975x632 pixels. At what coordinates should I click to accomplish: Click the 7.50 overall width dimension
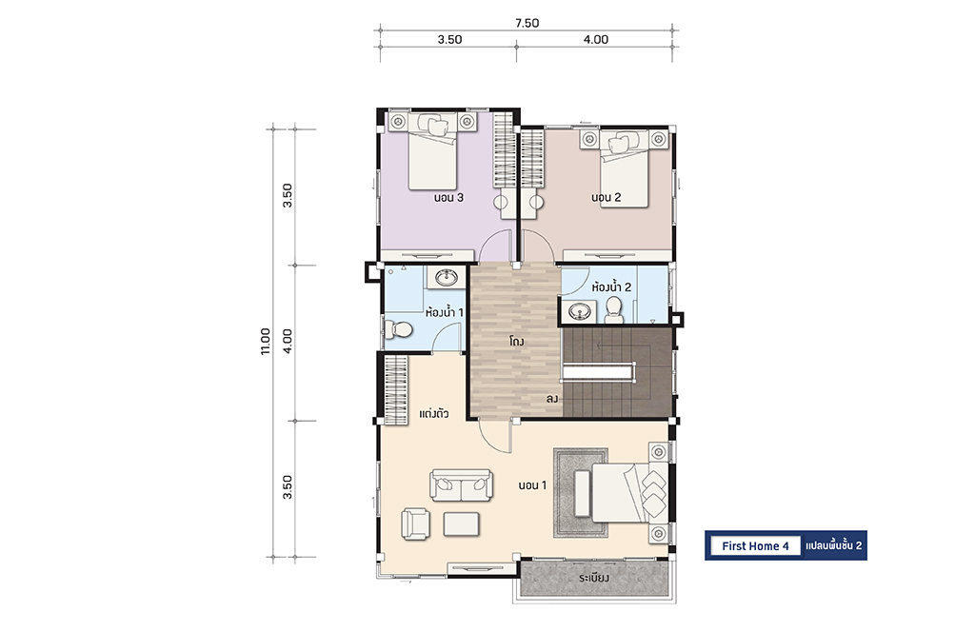pos(527,23)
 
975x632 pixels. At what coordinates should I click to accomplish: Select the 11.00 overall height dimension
pos(266,341)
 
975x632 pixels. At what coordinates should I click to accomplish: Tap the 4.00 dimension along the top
pos(596,39)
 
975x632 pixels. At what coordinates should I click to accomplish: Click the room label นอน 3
pos(449,198)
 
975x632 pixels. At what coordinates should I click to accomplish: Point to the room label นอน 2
pos(607,198)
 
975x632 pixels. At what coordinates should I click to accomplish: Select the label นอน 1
pos(533,484)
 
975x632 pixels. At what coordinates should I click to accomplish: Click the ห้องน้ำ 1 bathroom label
pos(444,311)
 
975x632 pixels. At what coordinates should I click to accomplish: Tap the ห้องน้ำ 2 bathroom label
pos(612,286)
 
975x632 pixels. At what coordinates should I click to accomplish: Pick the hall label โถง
pos(516,341)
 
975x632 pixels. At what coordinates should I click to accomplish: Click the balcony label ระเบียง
pos(594,578)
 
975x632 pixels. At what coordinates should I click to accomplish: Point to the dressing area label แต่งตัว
pos(434,413)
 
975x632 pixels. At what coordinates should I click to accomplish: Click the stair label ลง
pos(552,399)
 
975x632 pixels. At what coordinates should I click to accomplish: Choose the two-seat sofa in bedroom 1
pos(462,484)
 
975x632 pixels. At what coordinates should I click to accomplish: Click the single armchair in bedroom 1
pos(415,523)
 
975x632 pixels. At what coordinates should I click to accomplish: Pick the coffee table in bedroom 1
pos(462,523)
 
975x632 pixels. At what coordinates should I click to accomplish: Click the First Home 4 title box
pos(755,545)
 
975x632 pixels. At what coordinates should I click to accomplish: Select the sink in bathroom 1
pos(447,277)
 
